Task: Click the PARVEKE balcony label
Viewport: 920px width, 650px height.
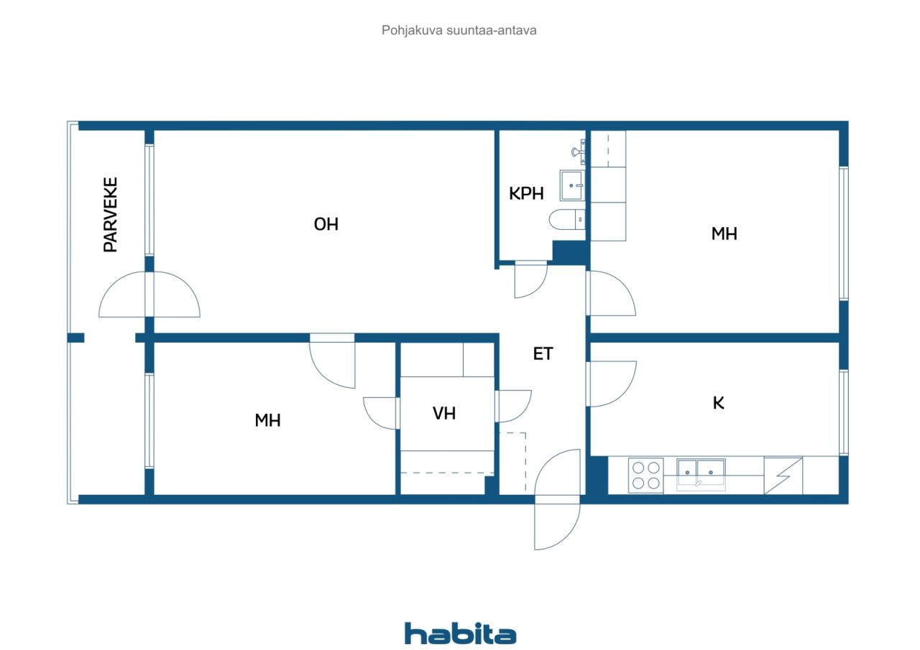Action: coord(111,214)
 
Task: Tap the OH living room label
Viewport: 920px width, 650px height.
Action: coord(326,225)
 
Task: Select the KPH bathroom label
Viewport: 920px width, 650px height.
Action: coord(526,193)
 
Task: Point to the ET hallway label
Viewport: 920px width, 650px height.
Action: coord(543,353)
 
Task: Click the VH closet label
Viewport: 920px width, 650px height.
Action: coord(444,413)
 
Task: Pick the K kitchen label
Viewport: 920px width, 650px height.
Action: coord(718,403)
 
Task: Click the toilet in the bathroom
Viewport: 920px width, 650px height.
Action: coord(567,220)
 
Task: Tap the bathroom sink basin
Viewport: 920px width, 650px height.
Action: coord(571,186)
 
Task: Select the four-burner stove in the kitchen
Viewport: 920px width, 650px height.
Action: coord(645,475)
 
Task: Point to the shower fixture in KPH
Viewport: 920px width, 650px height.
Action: coord(579,152)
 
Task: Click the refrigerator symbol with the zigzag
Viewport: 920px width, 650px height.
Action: coord(783,476)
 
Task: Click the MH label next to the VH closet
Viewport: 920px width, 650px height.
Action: coord(267,420)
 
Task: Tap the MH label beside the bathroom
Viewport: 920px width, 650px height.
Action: coord(724,234)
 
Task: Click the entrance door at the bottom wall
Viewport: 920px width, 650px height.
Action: coord(557,500)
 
